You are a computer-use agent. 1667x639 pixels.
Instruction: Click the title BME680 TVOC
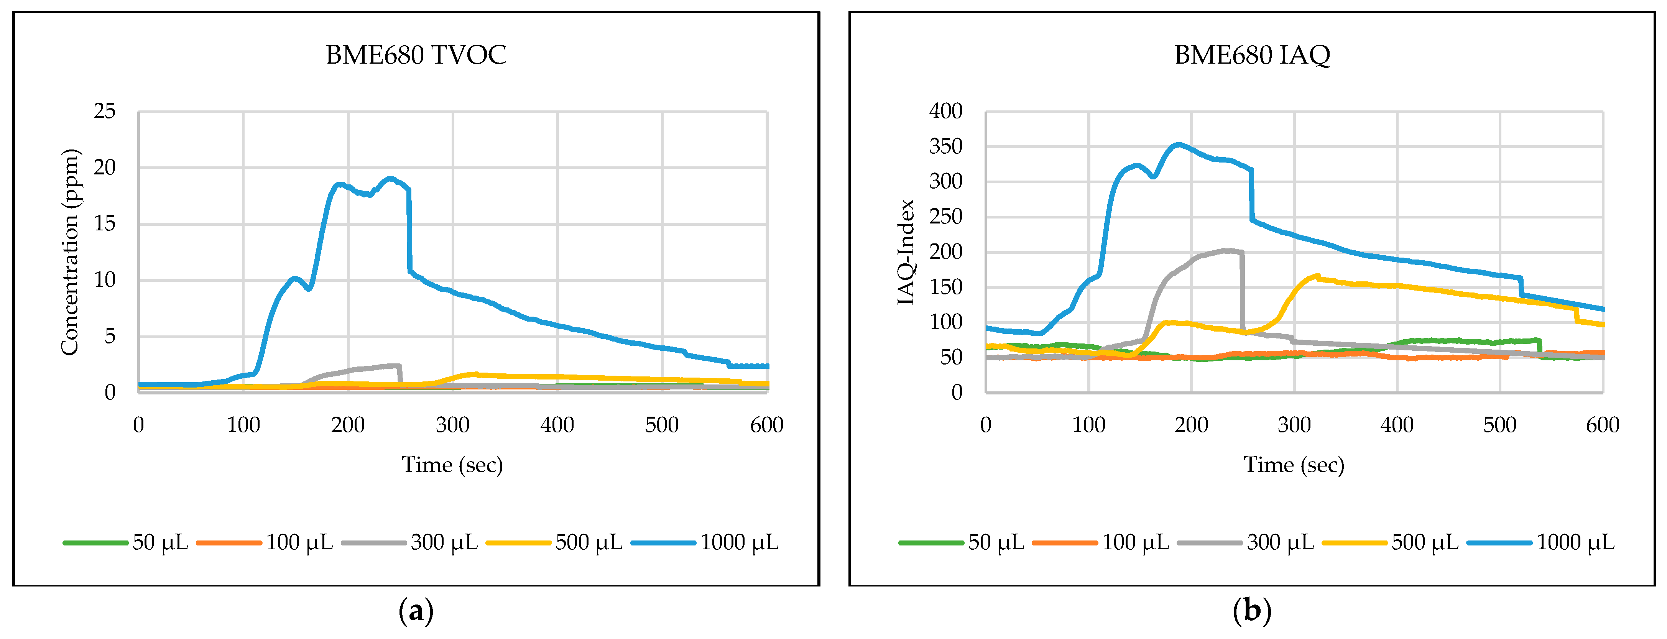point(416,55)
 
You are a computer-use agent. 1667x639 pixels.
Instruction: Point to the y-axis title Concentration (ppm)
point(70,252)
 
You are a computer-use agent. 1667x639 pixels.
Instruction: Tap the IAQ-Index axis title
point(906,252)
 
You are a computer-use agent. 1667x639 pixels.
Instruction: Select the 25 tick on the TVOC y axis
point(105,111)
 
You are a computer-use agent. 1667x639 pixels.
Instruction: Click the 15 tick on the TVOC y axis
point(105,224)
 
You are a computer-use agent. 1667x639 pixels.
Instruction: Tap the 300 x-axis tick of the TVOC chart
point(452,425)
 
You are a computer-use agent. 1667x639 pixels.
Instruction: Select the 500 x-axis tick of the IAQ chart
point(1499,425)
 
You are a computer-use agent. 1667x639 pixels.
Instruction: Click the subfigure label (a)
point(416,611)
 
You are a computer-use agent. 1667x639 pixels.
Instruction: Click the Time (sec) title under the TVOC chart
point(452,464)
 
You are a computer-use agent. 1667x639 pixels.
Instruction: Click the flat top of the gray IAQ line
point(1226,250)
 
